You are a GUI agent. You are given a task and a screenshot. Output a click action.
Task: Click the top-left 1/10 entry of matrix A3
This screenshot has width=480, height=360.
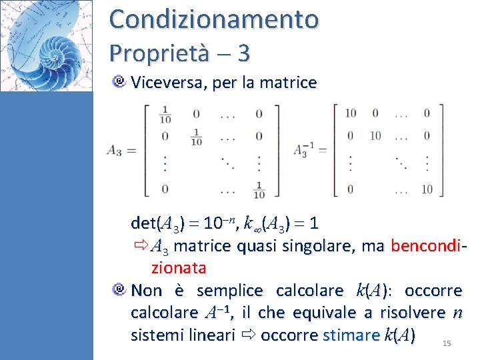165,115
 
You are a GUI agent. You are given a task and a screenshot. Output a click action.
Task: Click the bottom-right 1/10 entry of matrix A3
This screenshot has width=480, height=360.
259,190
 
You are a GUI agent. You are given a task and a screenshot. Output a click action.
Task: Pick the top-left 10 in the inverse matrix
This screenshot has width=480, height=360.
350,113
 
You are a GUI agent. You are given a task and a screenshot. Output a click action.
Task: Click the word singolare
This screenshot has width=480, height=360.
325,246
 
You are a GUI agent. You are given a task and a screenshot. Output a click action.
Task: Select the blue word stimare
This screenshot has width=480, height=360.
351,334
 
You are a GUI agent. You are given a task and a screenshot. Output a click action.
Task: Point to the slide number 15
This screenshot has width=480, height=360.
447,343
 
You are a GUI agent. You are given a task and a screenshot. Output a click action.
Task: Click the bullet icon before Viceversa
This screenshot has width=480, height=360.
120,83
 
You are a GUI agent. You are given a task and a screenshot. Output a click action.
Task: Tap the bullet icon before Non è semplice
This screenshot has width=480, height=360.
120,291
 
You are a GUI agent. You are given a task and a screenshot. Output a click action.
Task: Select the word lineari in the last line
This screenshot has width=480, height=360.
211,334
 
